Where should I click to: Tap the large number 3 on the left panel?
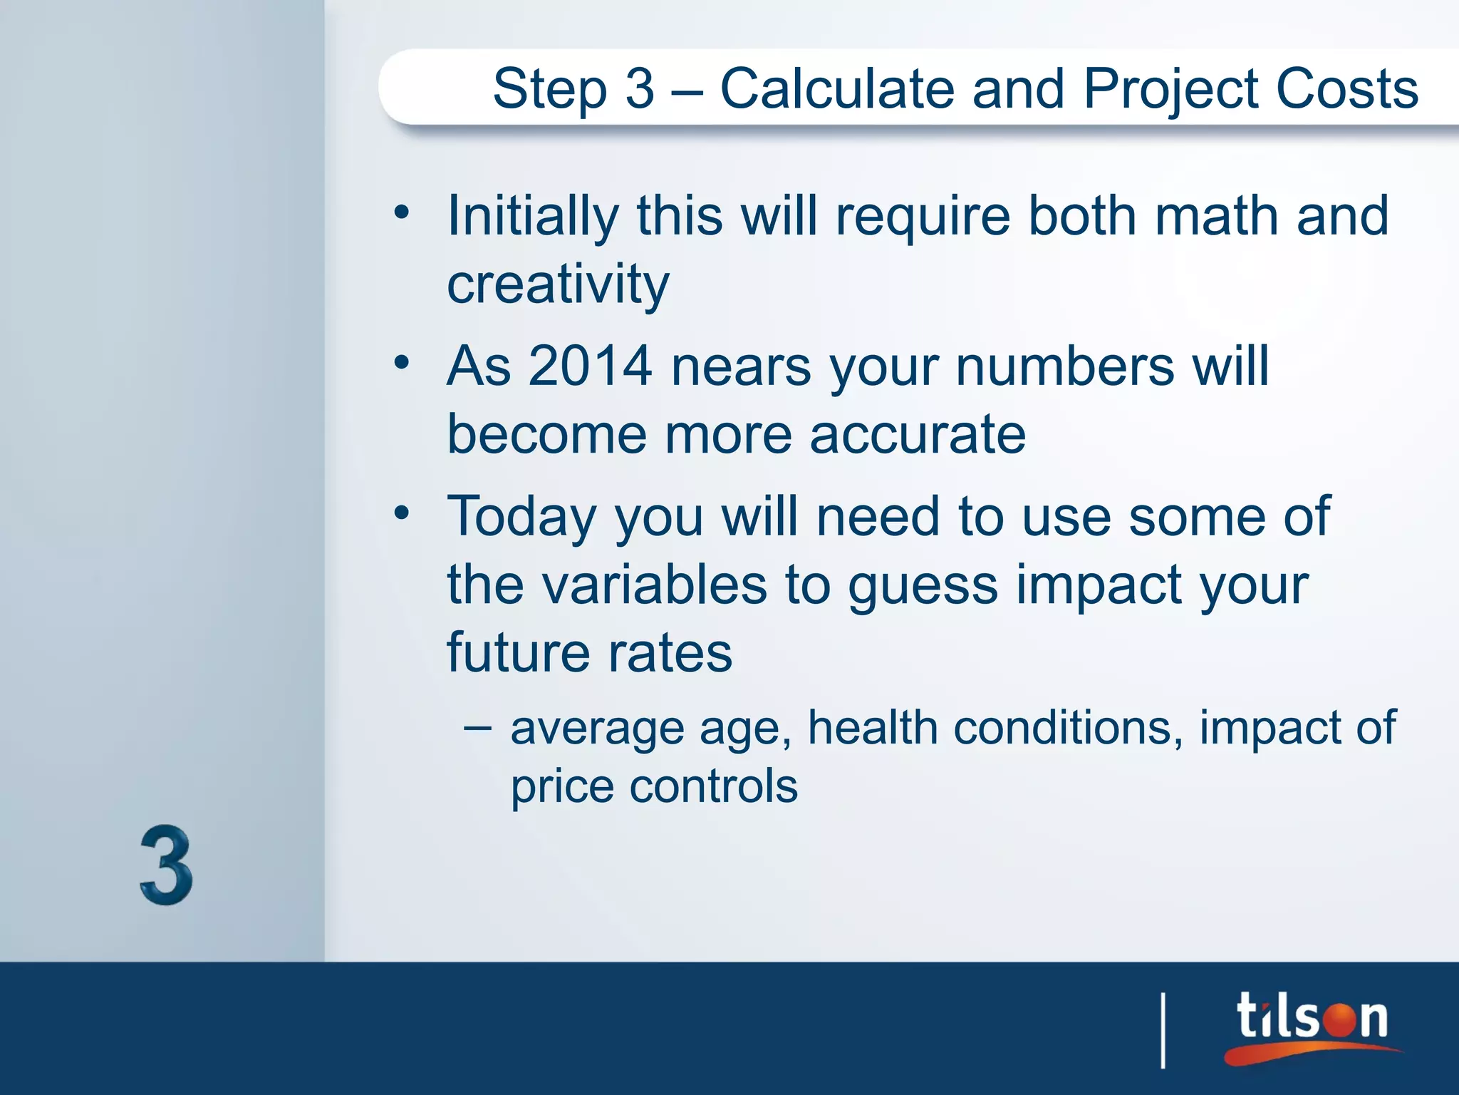click(166, 865)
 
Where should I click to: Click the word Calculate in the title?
click(836, 89)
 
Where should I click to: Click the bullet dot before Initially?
click(402, 212)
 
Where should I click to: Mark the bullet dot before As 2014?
click(402, 362)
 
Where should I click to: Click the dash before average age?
click(477, 728)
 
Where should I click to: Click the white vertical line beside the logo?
click(1163, 1030)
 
